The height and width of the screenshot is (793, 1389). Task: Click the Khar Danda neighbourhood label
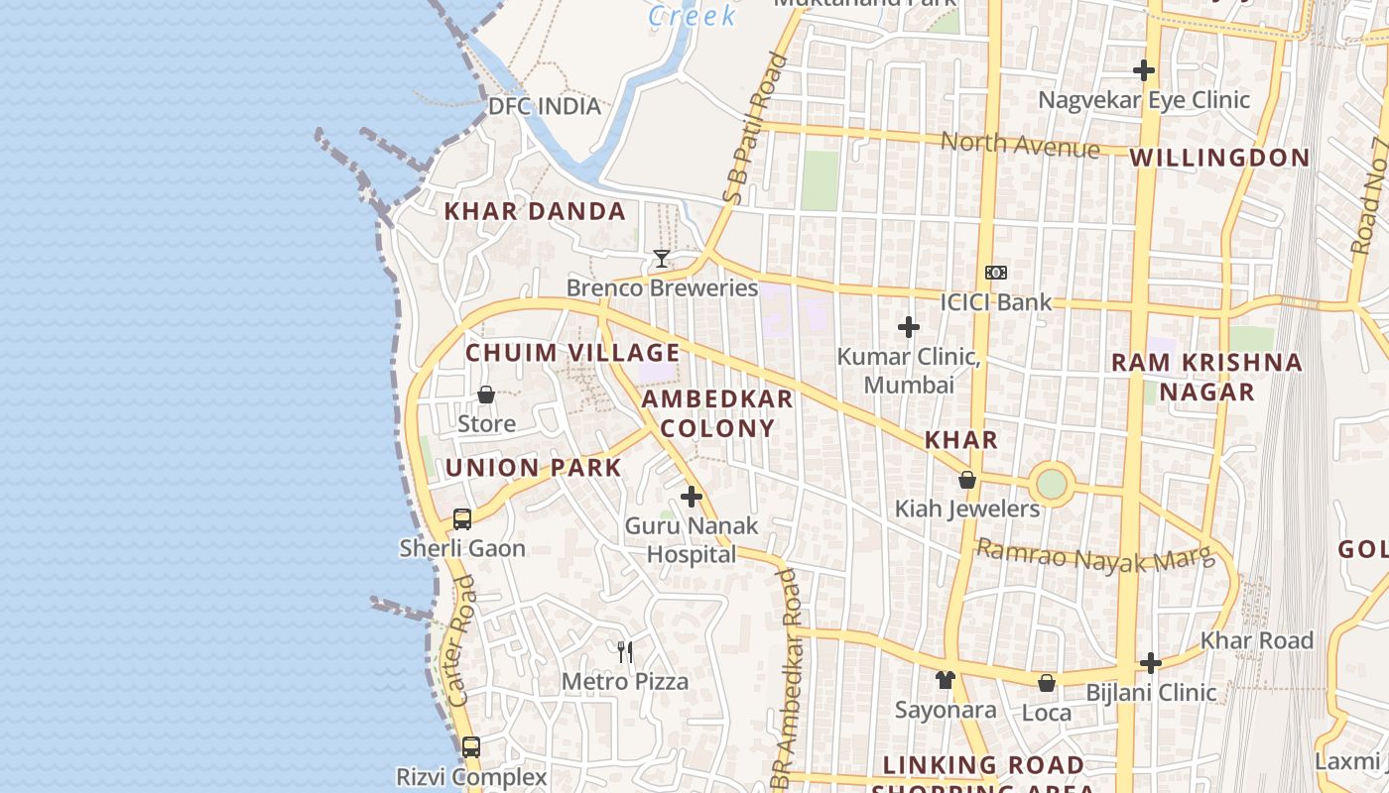coord(535,211)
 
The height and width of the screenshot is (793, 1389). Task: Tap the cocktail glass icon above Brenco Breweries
coord(661,259)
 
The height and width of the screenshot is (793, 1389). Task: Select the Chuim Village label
coord(572,353)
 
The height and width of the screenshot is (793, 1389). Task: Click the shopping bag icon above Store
coord(486,395)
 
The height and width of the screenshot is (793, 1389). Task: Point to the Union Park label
coord(534,468)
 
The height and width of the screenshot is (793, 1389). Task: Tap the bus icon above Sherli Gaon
coord(462,518)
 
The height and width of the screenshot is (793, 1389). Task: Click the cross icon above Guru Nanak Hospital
coord(692,497)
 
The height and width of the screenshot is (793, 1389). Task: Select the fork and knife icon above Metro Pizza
coord(625,651)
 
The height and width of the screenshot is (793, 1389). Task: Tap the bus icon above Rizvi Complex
coord(471,746)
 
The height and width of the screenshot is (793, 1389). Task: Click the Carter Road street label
coord(461,641)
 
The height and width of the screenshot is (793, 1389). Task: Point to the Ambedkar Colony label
coord(717,413)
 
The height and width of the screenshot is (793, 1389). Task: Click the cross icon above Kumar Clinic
coord(908,326)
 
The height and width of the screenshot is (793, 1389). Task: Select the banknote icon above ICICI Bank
coord(995,273)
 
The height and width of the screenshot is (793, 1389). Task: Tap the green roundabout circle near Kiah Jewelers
coord(1051,485)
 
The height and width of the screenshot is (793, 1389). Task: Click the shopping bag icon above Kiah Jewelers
coord(967,481)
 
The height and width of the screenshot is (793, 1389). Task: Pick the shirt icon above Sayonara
coord(945,680)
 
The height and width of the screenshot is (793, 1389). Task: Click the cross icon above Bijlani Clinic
coord(1150,662)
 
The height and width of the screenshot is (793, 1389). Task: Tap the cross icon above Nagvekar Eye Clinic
coord(1143,70)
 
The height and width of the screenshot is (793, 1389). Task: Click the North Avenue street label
coord(1020,146)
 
